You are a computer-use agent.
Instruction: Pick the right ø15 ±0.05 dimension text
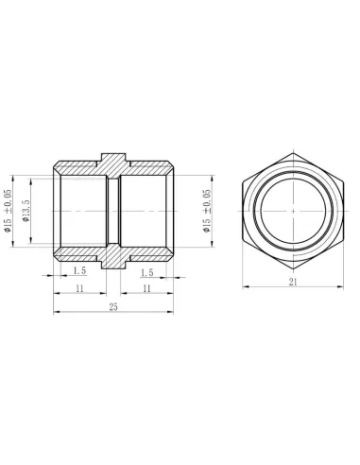(x=207, y=210)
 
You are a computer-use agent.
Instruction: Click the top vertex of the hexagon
(x=293, y=150)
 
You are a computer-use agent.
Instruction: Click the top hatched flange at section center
(x=113, y=162)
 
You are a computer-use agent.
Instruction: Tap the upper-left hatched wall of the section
(x=79, y=164)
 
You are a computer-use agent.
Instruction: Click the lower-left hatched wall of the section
(x=79, y=252)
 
